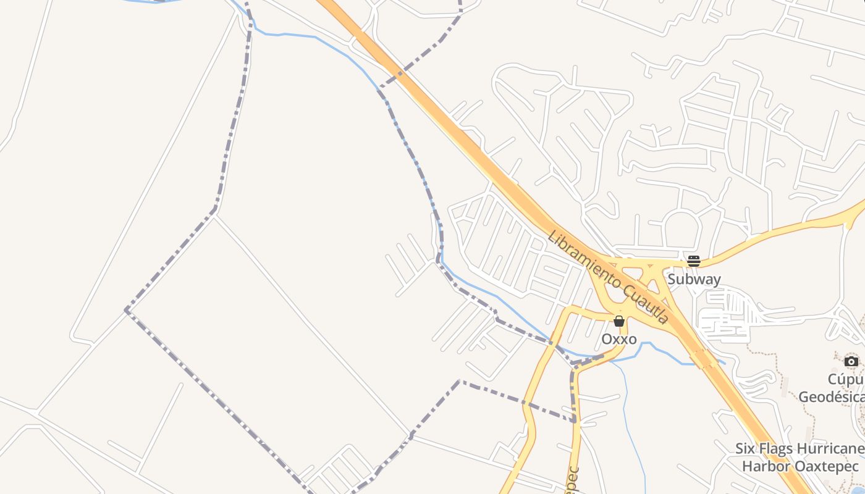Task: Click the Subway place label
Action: click(x=694, y=279)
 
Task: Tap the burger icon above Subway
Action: click(x=694, y=261)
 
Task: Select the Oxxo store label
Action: click(x=619, y=339)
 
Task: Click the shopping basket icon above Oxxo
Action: click(x=619, y=321)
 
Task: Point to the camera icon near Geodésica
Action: click(x=851, y=361)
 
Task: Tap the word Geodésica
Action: click(x=831, y=396)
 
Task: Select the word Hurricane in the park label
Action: click(x=831, y=448)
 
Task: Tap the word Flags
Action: click(x=779, y=448)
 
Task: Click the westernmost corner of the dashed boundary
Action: click(x=126, y=309)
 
